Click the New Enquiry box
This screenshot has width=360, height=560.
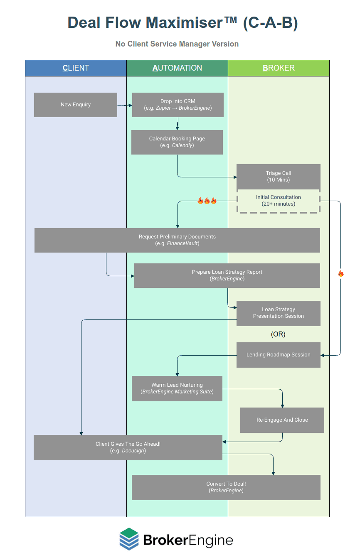(x=76, y=105)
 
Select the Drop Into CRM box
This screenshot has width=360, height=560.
(x=178, y=105)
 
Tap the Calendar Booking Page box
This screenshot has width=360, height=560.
(x=177, y=142)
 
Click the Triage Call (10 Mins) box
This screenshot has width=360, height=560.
(x=279, y=177)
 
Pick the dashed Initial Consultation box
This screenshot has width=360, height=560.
(x=279, y=201)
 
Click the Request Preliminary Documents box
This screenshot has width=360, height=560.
(x=177, y=240)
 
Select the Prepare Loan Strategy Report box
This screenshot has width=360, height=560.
(x=227, y=275)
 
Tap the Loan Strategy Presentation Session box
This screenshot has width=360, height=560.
(x=279, y=313)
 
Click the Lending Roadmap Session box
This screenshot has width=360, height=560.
(x=279, y=355)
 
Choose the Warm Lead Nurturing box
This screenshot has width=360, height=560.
(x=177, y=388)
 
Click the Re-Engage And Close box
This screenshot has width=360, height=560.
(x=282, y=420)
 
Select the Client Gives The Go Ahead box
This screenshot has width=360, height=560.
(x=128, y=447)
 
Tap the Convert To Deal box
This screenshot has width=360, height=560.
(x=226, y=487)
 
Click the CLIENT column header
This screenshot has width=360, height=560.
(x=76, y=68)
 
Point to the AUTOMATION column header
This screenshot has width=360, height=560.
(x=177, y=68)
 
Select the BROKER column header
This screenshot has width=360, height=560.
(x=279, y=68)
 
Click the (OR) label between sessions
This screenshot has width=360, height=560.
(x=278, y=334)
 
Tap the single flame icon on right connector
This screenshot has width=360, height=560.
(x=341, y=273)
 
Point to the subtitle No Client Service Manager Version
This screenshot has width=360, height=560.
(x=177, y=44)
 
